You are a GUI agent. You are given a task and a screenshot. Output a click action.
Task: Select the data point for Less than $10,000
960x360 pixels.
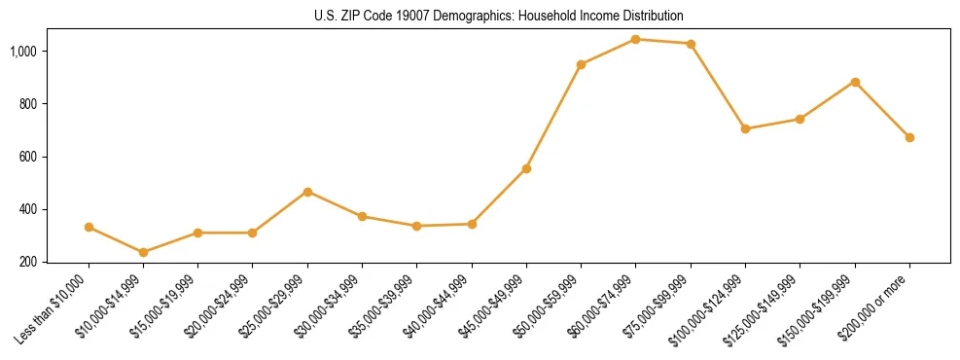(x=89, y=227)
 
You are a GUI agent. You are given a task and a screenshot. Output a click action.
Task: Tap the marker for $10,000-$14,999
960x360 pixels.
(x=144, y=252)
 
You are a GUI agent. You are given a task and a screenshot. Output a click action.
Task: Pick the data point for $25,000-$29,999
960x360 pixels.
(x=307, y=192)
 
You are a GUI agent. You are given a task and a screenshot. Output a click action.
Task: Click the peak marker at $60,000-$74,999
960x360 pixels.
(x=635, y=39)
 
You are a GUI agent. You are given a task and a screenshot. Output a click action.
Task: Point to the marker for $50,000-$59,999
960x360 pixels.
(x=581, y=64)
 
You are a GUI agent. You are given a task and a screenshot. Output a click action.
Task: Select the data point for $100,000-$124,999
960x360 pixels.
(x=745, y=128)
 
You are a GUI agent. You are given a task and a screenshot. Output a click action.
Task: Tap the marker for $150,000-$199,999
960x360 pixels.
(x=855, y=82)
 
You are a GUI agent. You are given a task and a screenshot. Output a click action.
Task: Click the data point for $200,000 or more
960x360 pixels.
(x=909, y=137)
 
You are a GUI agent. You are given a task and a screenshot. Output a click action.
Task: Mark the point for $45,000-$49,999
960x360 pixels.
(x=526, y=168)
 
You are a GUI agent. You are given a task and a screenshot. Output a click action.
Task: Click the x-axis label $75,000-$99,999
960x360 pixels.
(x=661, y=306)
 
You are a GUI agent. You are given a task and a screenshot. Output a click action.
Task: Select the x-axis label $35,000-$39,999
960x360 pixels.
(x=387, y=306)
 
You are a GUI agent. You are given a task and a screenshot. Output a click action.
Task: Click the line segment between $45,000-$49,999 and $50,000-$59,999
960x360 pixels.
(x=553, y=117)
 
